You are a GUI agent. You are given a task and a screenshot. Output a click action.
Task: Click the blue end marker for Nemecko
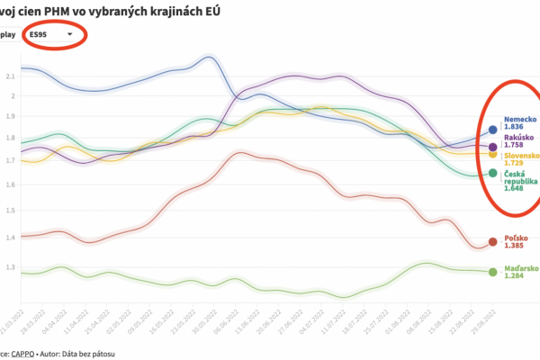tap(492, 130)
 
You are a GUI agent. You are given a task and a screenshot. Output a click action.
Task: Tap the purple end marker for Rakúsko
tap(492, 147)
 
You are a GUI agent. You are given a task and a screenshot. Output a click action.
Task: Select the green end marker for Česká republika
tap(492, 173)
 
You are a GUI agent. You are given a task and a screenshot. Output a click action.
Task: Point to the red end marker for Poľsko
tap(492, 241)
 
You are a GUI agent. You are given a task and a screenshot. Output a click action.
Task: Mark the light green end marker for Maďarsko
tap(492, 272)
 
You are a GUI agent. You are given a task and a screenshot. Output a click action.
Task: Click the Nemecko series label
tap(520, 120)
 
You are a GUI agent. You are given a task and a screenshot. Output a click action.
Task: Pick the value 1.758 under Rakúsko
tap(514, 145)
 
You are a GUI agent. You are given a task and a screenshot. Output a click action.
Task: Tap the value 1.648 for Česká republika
tap(514, 189)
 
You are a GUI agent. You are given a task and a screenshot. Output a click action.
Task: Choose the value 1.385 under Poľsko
tap(514, 246)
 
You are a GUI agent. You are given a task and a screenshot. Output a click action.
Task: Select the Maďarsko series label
tap(520, 267)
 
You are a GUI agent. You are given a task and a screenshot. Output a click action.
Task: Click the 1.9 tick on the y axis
tap(9, 116)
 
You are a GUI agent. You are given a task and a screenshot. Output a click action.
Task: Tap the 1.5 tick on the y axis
tap(9, 211)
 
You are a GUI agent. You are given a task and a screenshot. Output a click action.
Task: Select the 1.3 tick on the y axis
tap(9, 268)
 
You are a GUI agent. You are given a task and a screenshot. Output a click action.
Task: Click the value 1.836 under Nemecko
tap(514, 128)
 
